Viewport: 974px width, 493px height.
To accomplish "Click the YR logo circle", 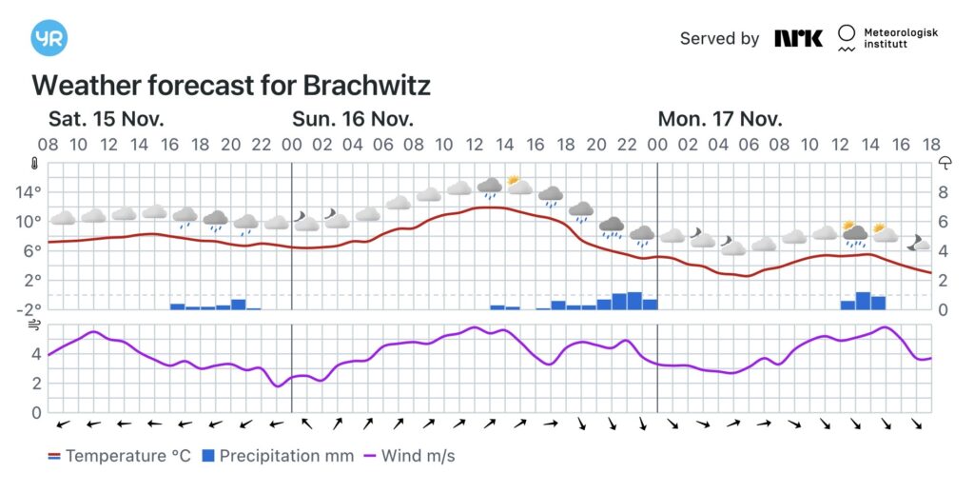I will pos(49,38).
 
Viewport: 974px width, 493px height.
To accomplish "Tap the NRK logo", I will pos(798,38).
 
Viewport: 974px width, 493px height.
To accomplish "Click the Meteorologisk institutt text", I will pos(900,38).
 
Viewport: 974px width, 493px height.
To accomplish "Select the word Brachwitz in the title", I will pos(366,86).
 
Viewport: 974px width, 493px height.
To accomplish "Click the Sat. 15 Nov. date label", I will pos(107,119).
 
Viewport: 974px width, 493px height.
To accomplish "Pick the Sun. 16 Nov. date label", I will pos(353,119).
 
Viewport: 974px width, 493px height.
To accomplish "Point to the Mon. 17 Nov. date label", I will pos(720,119).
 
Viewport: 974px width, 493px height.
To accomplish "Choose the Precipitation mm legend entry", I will pos(277,456).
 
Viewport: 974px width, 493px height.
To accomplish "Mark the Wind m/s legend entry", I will pos(408,456).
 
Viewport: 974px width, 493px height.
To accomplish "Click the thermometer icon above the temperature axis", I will pos(36,162).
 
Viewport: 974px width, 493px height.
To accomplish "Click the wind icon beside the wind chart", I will pos(36,325).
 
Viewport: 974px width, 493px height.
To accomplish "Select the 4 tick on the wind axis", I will pos(36,354).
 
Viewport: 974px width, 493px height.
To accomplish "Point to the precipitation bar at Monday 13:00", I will pos(863,301).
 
